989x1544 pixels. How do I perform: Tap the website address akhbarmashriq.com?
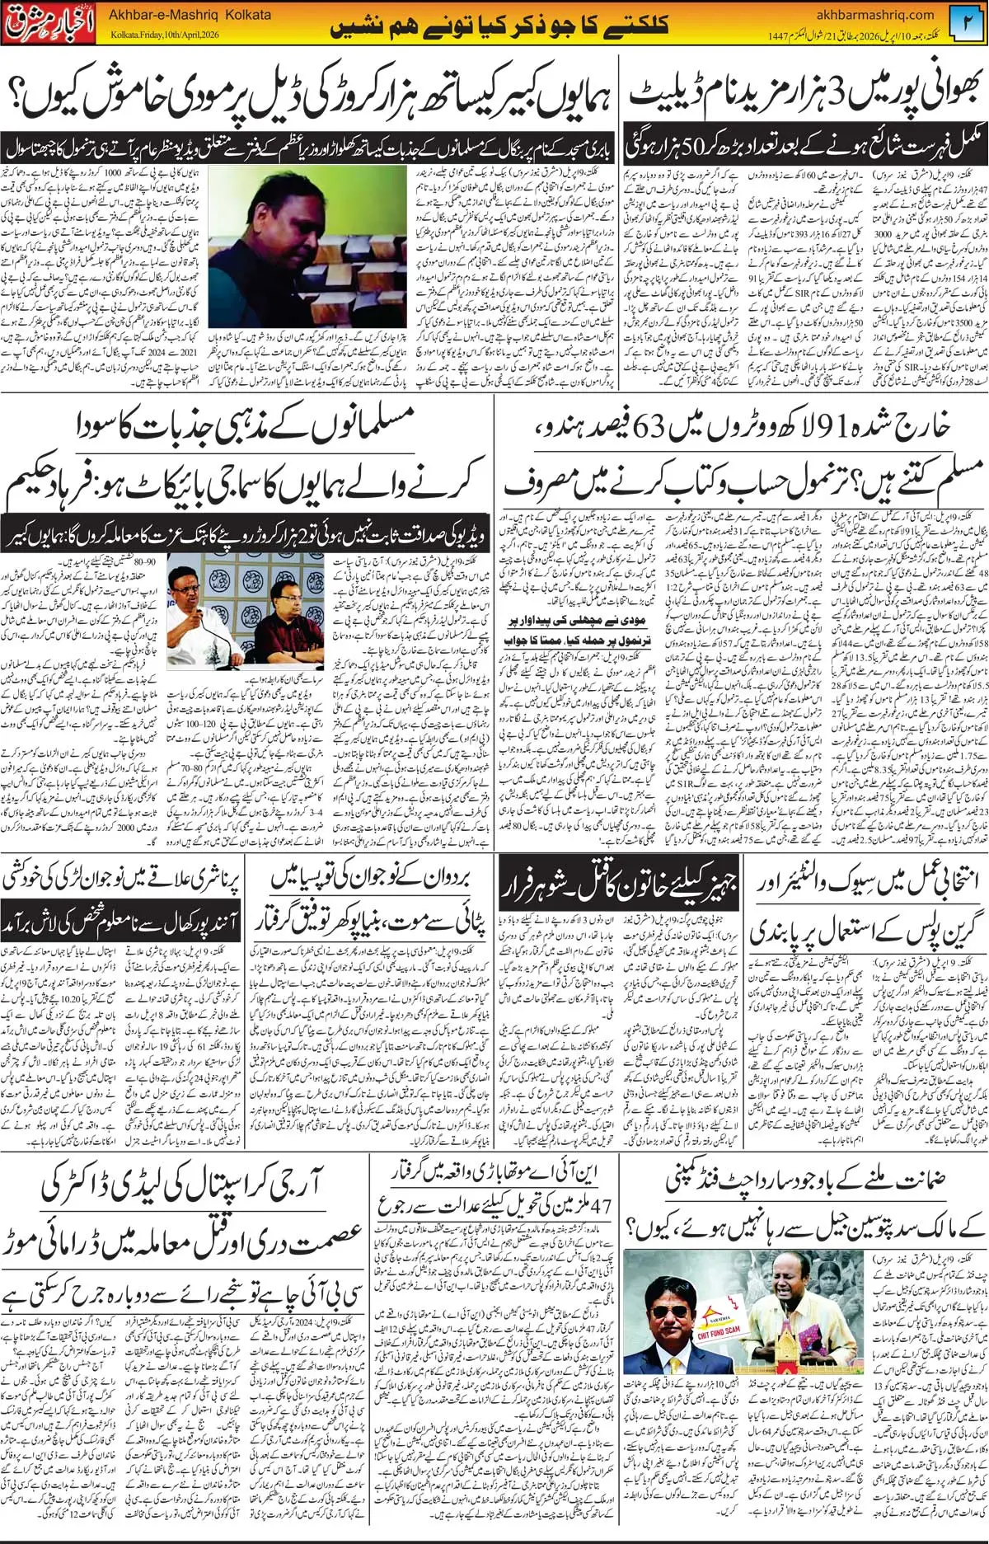coord(874,14)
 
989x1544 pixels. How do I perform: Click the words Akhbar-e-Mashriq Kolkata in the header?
coord(190,15)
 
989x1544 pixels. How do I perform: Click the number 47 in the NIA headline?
coord(602,1206)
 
